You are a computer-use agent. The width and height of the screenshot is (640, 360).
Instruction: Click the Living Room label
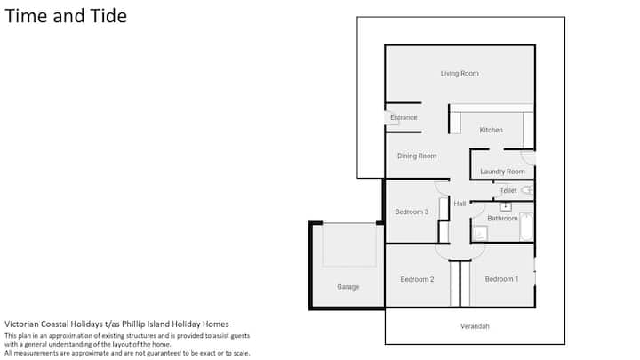point(460,74)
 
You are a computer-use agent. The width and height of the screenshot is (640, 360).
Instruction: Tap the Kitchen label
point(491,130)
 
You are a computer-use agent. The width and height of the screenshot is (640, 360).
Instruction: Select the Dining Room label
point(417,156)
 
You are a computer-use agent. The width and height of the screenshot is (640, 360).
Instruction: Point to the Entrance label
point(404,117)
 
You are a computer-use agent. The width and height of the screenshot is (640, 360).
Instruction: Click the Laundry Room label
point(502,172)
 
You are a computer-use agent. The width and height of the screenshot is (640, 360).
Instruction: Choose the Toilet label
point(508,190)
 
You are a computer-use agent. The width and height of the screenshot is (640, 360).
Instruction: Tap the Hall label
point(460,204)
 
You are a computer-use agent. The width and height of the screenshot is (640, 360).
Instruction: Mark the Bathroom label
point(502,219)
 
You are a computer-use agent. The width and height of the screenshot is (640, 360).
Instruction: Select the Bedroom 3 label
point(412,212)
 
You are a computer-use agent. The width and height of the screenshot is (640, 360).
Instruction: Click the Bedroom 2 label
point(417,279)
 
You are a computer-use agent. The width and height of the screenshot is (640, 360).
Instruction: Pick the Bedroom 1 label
point(501,279)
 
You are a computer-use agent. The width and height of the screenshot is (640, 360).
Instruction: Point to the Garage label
point(348,287)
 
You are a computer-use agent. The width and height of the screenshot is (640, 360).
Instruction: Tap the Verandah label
point(475,326)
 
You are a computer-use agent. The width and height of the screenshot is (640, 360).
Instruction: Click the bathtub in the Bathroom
point(526,227)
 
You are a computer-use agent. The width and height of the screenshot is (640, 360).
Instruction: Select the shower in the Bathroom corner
point(480,234)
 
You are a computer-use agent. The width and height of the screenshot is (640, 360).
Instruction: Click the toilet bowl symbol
point(527,190)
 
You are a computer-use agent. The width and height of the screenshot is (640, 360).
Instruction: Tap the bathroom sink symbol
point(506,206)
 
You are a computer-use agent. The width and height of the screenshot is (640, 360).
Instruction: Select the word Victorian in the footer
point(20,324)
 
